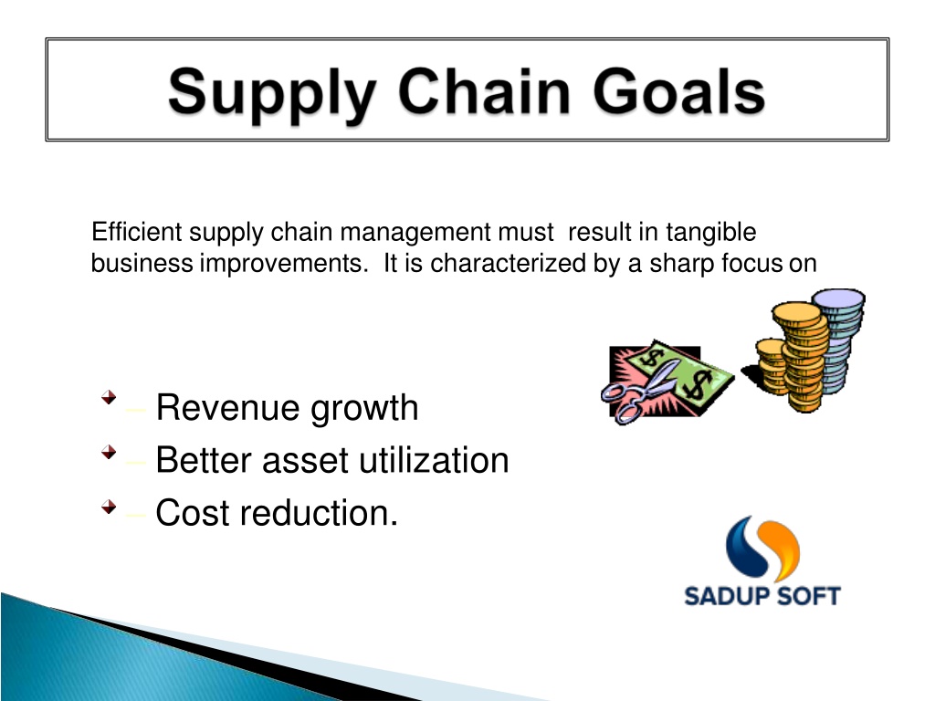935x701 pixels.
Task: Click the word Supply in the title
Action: pyautogui.click(x=272, y=94)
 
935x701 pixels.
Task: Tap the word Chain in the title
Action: pyautogui.click(x=484, y=90)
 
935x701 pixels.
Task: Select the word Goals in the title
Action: pyautogui.click(x=678, y=90)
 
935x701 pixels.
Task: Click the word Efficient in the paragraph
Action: pyautogui.click(x=137, y=231)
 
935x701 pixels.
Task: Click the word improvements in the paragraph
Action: pyautogui.click(x=284, y=264)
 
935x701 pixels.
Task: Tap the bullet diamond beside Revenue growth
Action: pyautogui.click(x=109, y=398)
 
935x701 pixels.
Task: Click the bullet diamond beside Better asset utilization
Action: pyautogui.click(x=109, y=453)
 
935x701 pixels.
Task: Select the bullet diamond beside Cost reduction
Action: pyautogui.click(x=109, y=507)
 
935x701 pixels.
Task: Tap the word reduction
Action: pyautogui.click(x=319, y=513)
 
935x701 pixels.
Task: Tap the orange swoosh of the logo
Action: pyautogui.click(x=783, y=549)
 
